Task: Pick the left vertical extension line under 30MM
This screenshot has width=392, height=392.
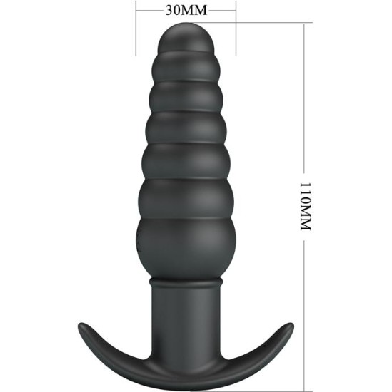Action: [136, 32]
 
